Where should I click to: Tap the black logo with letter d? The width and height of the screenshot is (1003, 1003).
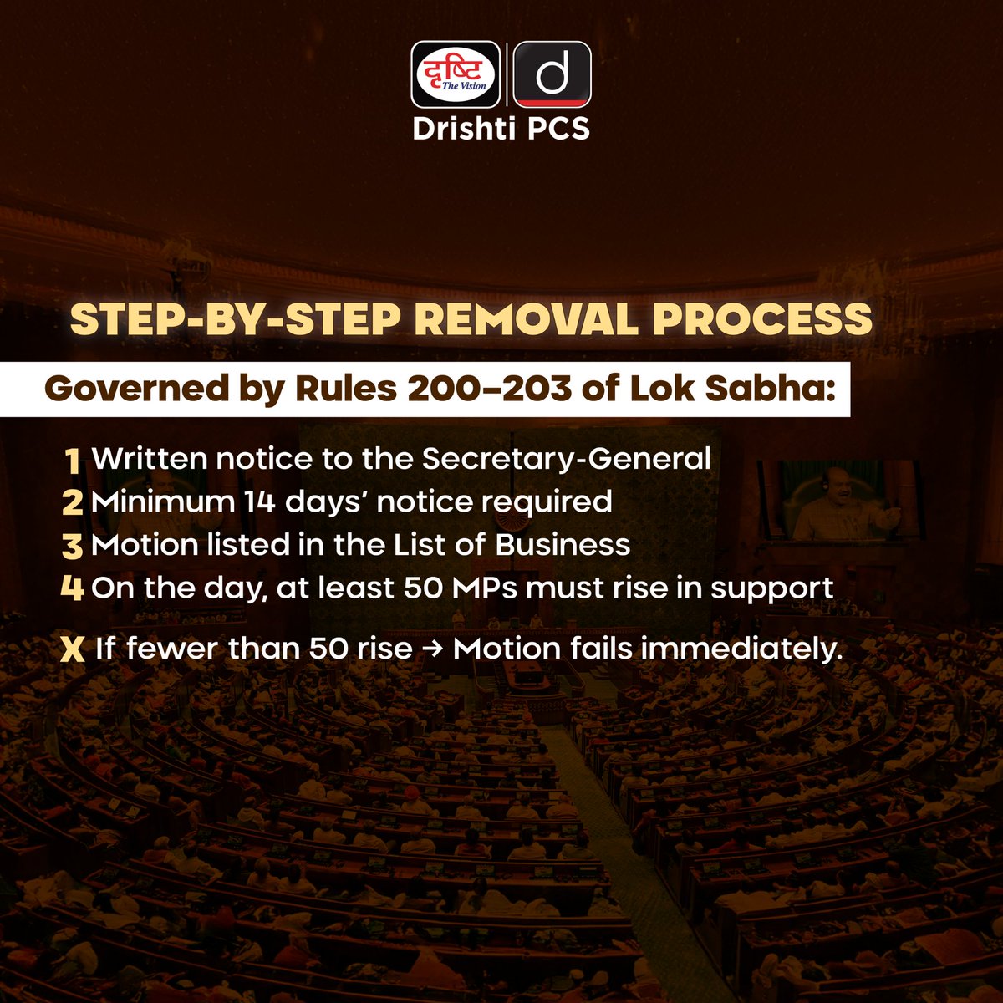click(x=552, y=74)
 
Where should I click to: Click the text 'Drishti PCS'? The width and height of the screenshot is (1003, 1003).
click(x=501, y=129)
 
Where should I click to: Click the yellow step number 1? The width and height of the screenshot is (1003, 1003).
click(x=73, y=461)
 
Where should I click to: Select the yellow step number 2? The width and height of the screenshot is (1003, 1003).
click(x=73, y=503)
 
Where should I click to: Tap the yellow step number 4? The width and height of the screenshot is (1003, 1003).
click(x=73, y=588)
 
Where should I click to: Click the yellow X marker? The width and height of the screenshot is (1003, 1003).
click(x=74, y=650)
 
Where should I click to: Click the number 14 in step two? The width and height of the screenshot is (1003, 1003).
click(x=248, y=501)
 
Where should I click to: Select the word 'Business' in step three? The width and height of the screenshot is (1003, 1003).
click(x=563, y=545)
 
